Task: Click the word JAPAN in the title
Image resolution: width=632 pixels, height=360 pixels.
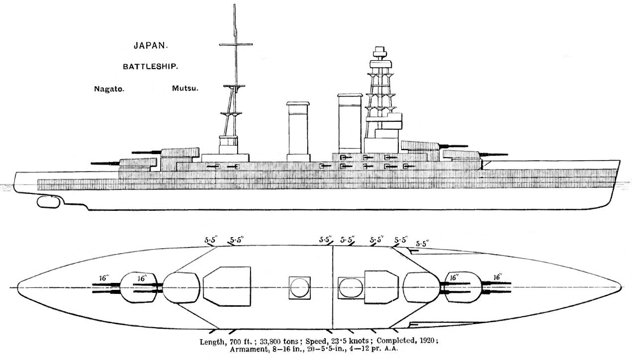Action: pyautogui.click(x=151, y=46)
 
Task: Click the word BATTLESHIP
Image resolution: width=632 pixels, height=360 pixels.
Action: pyautogui.click(x=150, y=67)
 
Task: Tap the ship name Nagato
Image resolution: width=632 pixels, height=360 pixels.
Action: pyautogui.click(x=109, y=89)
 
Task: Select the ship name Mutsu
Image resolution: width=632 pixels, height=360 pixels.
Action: pyautogui.click(x=185, y=89)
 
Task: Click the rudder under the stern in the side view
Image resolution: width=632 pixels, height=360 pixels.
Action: pyautogui.click(x=48, y=202)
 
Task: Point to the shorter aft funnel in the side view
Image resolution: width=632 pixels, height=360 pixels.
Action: pyautogui.click(x=298, y=131)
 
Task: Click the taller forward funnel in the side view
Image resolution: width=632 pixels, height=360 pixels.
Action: pyautogui.click(x=350, y=123)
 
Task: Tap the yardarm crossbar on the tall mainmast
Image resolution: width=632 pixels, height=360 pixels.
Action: pyautogui.click(x=236, y=44)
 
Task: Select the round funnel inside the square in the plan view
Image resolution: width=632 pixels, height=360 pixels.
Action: pyautogui.click(x=300, y=288)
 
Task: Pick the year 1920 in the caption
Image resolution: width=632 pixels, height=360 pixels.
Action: pyautogui.click(x=427, y=340)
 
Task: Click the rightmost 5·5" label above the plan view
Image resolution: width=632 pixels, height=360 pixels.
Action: pyautogui.click(x=423, y=244)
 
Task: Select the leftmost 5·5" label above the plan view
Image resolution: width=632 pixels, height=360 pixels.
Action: pyautogui.click(x=210, y=240)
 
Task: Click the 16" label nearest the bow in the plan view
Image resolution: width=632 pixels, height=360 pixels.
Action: pyautogui.click(x=498, y=277)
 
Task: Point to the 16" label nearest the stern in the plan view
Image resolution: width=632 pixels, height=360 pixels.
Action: pyautogui.click(x=104, y=278)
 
